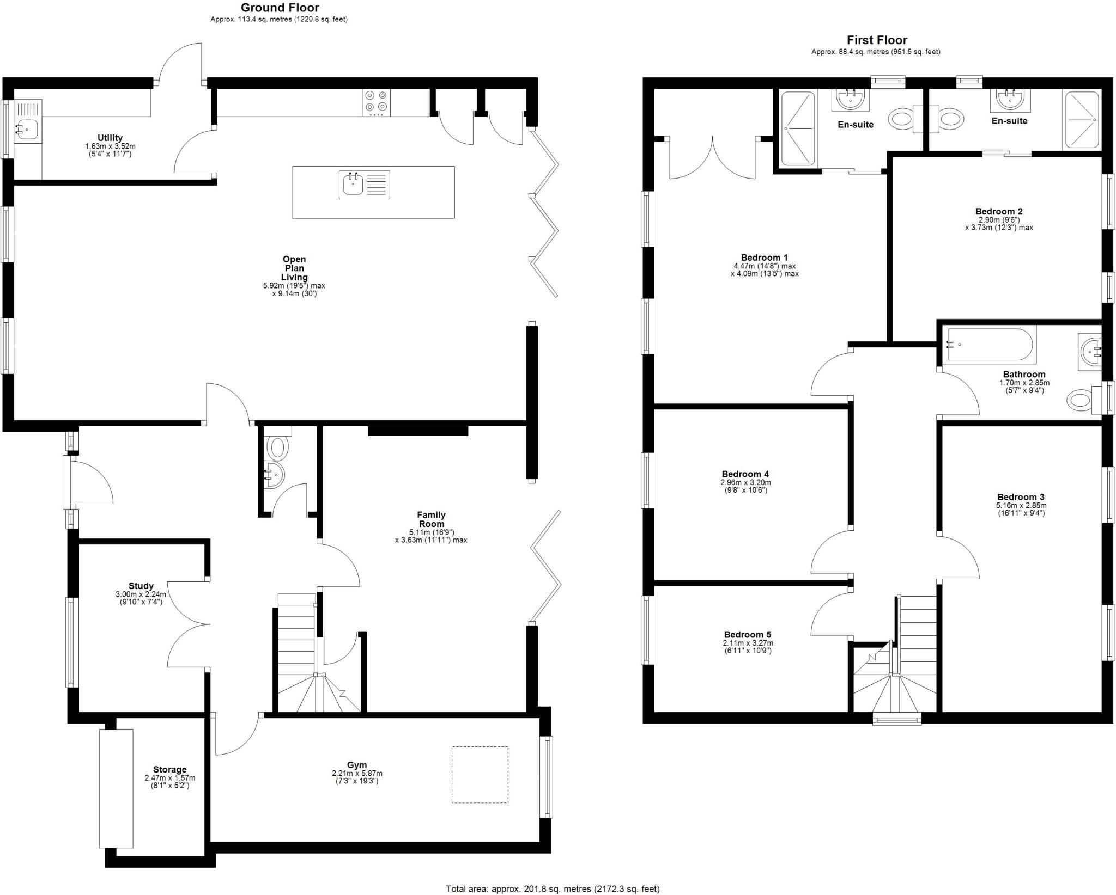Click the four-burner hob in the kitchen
point(377,102)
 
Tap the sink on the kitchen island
point(353,185)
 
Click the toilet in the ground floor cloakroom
point(278,448)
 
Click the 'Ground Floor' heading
point(280,8)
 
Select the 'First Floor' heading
point(876,40)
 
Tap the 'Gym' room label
point(357,765)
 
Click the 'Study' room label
point(141,586)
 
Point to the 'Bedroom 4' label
point(745,474)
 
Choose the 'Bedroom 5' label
point(747,634)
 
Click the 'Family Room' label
point(431,519)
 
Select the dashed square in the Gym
point(480,774)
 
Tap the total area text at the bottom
point(553,888)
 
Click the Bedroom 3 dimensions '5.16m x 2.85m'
point(1021,505)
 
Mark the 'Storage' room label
point(169,769)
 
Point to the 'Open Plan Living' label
point(294,268)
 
